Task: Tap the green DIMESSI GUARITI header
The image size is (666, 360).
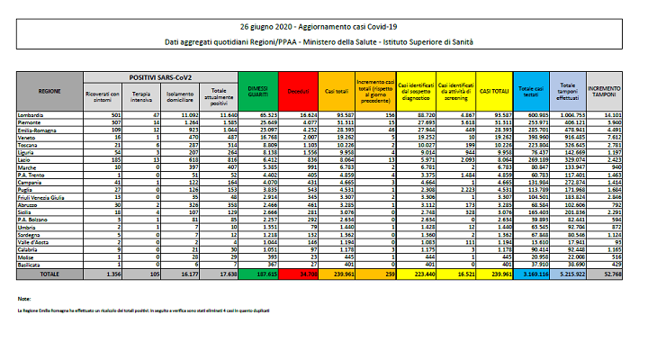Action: pyautogui.click(x=258, y=90)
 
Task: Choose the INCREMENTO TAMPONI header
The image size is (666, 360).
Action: pyautogui.click(x=607, y=90)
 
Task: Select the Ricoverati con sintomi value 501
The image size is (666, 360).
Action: pyautogui.click(x=115, y=115)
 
